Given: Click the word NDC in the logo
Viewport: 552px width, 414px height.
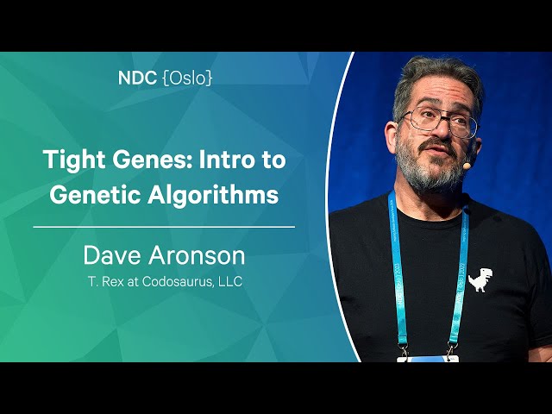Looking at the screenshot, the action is click(137, 78).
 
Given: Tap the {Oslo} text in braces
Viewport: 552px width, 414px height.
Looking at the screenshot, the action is click(188, 78).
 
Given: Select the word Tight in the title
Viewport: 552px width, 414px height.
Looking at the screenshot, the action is click(75, 160).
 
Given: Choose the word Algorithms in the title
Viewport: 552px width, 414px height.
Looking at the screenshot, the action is click(213, 194).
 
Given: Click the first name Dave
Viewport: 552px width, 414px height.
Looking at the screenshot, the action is click(112, 255).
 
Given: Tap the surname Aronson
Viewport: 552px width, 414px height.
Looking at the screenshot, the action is click(197, 255).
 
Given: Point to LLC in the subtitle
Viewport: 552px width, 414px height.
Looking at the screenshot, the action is click(230, 282).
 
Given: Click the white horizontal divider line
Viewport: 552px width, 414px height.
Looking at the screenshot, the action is click(164, 227).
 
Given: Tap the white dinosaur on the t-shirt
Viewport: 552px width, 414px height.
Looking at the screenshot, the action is click(480, 279).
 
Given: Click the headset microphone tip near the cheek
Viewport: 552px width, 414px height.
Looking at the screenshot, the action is click(467, 165).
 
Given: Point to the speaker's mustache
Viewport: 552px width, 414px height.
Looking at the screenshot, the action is click(436, 145).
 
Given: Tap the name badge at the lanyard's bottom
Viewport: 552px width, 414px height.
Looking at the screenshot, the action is click(428, 359).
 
